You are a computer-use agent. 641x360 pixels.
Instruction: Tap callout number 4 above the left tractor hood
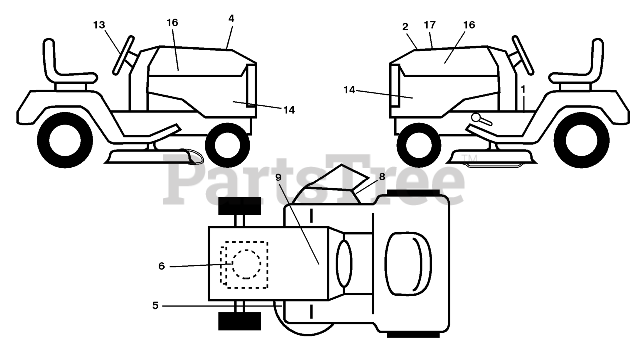coord(231,18)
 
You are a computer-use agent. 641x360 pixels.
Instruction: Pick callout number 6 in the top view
coord(161,266)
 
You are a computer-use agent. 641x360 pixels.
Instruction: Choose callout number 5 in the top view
coord(155,305)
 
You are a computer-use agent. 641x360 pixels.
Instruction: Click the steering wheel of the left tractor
coord(123,55)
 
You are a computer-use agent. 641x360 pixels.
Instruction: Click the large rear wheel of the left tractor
coord(65,139)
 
